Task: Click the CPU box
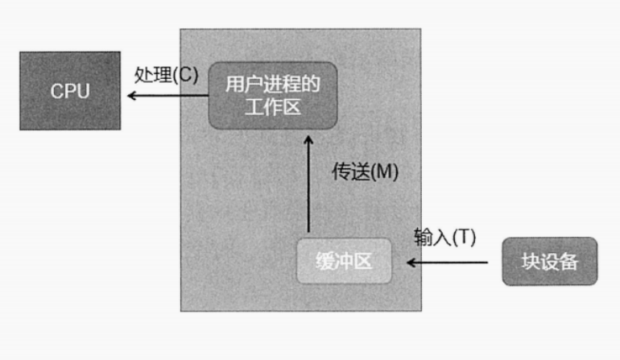coord(71,90)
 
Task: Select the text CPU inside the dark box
coord(71,91)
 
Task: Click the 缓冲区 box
coord(344,261)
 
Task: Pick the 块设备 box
coord(550,261)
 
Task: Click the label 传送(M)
coord(366,172)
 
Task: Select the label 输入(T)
coord(445,236)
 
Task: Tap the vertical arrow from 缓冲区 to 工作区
coord(308,185)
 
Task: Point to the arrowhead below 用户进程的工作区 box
coord(308,141)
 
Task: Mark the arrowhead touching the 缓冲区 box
coord(411,262)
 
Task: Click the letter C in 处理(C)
coord(184,74)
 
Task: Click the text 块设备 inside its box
coord(550,261)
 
